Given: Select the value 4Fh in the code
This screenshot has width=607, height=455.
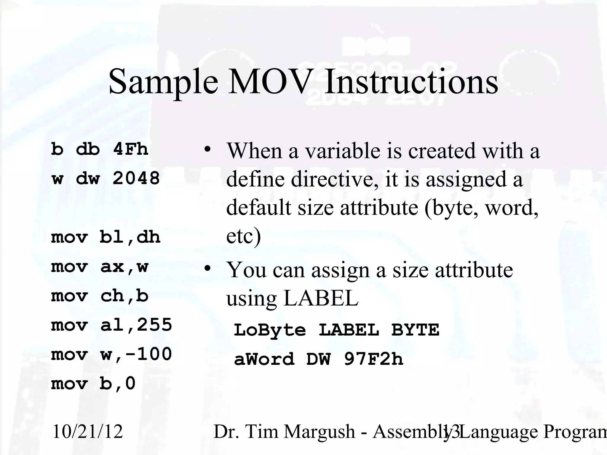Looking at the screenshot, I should coord(130,149).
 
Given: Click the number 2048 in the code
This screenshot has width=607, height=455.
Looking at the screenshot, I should coord(136,178).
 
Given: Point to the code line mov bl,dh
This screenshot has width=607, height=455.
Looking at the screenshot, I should coord(106,237).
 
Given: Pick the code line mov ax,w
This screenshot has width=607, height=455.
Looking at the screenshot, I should coord(100,267).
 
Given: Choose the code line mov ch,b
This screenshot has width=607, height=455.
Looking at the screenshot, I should coord(100,296).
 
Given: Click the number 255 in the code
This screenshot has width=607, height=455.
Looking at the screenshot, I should coord(154,325).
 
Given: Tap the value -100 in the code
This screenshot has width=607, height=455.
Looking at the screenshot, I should coord(148,354).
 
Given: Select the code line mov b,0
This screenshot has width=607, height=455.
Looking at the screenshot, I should coord(93,384).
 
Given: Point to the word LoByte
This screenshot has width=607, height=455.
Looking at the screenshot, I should coord(270,330).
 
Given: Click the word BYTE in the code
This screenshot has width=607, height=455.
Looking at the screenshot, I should coord(415,330).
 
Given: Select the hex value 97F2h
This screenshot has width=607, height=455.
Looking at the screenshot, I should coord(373,359).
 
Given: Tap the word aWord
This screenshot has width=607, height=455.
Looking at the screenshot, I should coord(264,359).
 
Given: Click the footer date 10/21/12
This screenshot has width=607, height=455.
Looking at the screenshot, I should coord(87,432).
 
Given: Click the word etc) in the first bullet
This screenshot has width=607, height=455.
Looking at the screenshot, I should coord(243,236).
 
